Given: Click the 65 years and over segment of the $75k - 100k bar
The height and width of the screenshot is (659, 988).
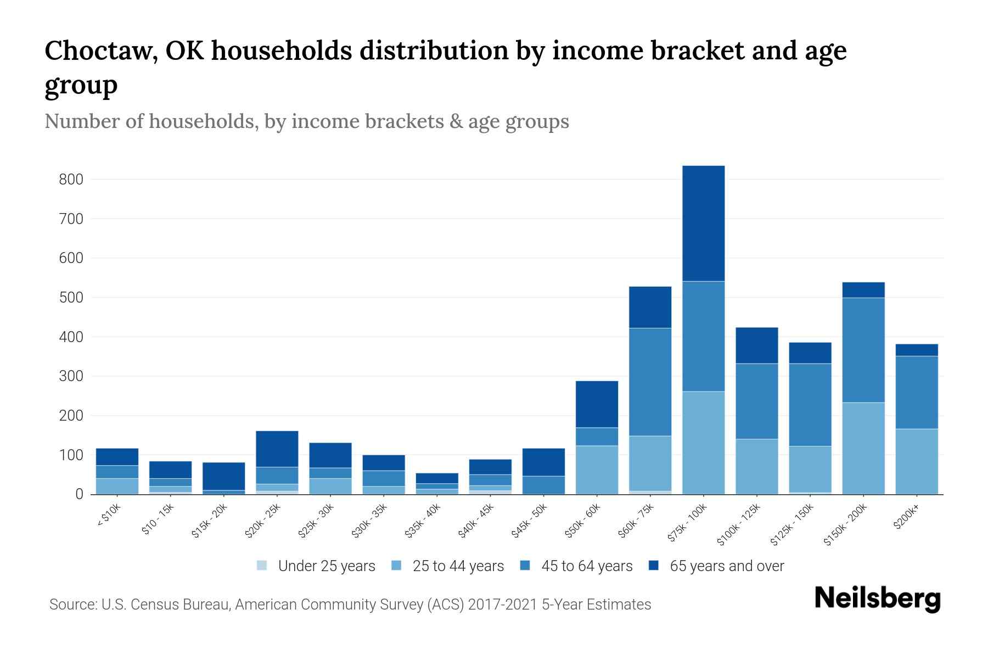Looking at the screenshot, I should (x=703, y=224).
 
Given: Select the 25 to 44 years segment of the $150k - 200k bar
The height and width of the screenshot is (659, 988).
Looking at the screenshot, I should (x=863, y=448).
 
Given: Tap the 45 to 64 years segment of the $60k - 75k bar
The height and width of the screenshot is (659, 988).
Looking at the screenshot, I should (x=650, y=382).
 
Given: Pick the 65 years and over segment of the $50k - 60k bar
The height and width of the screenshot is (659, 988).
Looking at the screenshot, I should (x=597, y=404).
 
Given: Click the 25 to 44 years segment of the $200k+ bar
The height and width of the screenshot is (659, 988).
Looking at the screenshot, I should (x=917, y=461).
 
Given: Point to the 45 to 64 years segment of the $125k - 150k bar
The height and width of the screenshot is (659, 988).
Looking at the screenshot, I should (x=810, y=405).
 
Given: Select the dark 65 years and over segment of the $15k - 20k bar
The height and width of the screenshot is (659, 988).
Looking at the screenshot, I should (x=223, y=476).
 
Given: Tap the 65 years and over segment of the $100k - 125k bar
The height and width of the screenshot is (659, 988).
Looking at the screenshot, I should (x=757, y=345).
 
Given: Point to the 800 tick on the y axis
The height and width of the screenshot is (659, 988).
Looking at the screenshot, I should (x=71, y=180).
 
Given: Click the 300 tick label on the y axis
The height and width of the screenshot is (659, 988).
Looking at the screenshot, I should (x=71, y=376).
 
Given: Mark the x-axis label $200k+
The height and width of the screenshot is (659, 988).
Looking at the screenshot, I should (x=906, y=518).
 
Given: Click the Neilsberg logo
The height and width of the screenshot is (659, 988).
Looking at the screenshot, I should (x=878, y=599).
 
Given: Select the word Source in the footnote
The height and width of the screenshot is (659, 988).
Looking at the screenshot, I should (x=71, y=605).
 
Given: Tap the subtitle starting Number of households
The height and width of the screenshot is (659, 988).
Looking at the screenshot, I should (x=306, y=121).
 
